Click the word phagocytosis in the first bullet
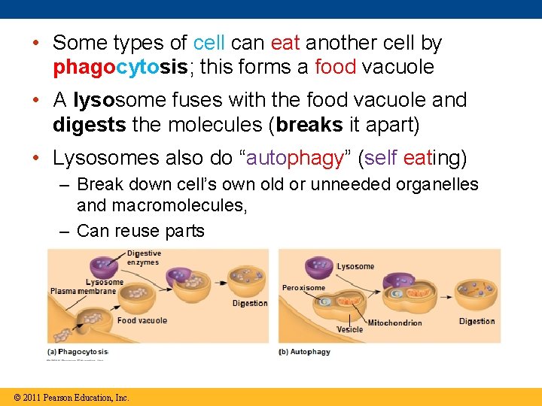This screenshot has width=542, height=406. click(120, 68)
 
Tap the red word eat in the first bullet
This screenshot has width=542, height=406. click(286, 43)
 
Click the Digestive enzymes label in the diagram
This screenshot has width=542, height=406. click(143, 258)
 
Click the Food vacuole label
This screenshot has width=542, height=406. click(142, 320)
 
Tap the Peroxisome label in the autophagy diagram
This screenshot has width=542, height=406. click(303, 287)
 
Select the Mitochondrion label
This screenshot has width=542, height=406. click(394, 323)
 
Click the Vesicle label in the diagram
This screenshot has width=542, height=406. click(349, 329)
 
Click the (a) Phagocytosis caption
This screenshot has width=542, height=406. click(78, 352)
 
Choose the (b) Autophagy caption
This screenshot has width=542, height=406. click(304, 352)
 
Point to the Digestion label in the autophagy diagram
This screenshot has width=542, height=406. click(477, 322)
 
